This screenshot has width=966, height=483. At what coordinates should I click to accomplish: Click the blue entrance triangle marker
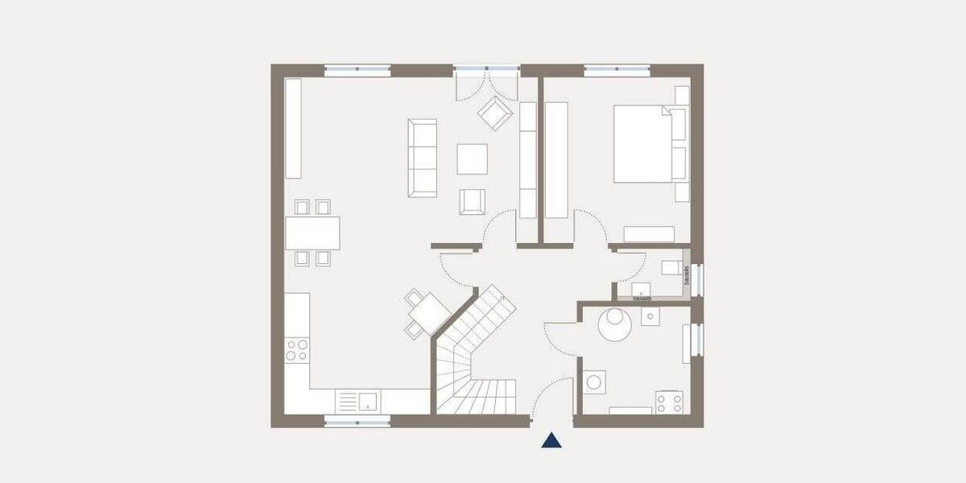click(x=551, y=440)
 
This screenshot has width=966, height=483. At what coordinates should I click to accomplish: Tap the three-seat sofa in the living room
click(x=422, y=158)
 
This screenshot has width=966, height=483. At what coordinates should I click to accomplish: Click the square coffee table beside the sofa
click(x=472, y=159)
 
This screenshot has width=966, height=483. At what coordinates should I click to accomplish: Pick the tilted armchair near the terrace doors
click(x=495, y=113)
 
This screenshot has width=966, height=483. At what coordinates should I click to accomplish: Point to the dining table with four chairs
click(x=312, y=233)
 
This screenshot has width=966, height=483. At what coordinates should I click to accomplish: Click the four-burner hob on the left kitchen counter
click(x=296, y=349)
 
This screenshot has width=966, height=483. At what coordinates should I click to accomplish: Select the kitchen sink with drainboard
click(x=358, y=400)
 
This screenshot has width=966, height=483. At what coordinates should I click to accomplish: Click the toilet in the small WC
click(x=671, y=268)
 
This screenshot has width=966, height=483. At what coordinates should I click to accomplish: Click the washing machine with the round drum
click(x=594, y=382)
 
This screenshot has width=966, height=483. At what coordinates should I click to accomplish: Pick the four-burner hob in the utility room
click(x=669, y=401)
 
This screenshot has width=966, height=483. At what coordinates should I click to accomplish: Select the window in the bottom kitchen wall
click(x=357, y=420)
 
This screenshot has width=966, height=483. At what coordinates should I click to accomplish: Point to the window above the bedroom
click(x=617, y=71)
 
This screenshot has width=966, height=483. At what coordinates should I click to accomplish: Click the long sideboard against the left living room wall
click(x=293, y=128)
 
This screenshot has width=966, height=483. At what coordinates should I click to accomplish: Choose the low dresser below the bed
click(x=649, y=234)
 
